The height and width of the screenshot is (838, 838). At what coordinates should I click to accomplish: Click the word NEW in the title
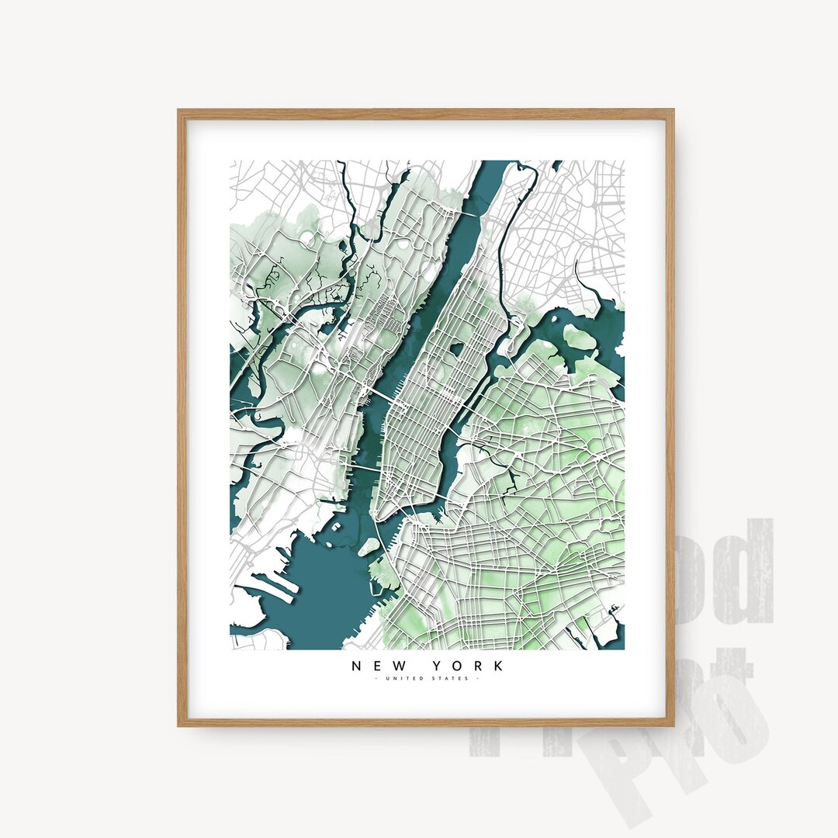tap(380, 666)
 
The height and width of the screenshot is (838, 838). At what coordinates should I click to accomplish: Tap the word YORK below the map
tap(471, 666)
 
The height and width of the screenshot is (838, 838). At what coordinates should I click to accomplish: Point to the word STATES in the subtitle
tap(450, 680)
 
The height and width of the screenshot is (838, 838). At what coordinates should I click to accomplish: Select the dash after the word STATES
tap(477, 680)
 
